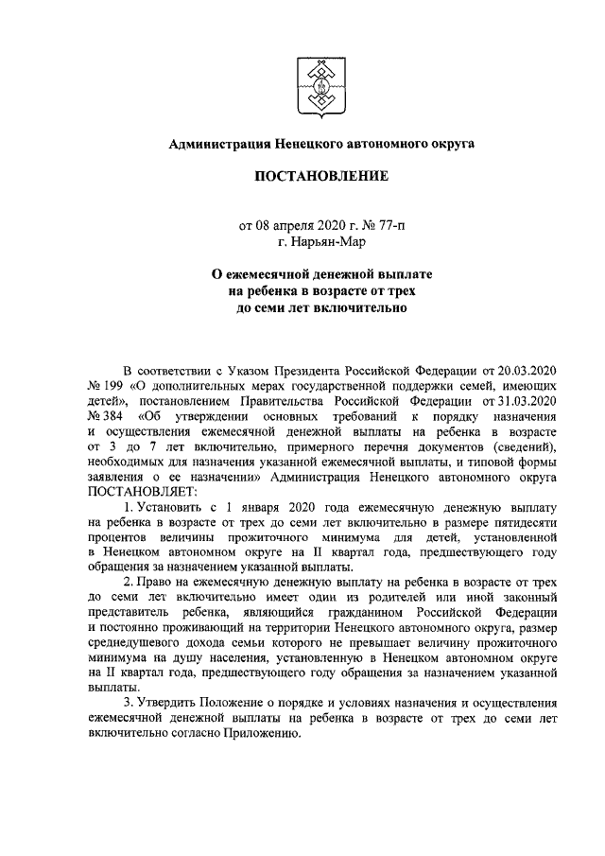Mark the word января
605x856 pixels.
click(x=275, y=509)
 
